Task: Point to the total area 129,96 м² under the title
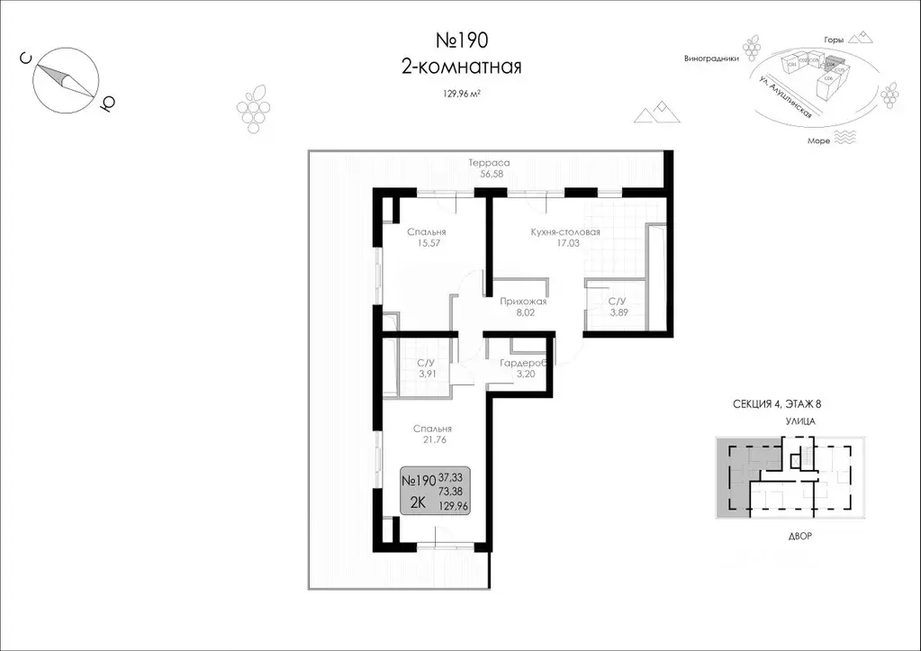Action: click(x=460, y=92)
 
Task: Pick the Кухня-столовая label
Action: click(x=564, y=231)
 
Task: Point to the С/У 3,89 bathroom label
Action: click(x=618, y=307)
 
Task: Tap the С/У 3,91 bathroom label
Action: click(x=427, y=369)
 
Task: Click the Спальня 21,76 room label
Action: click(x=432, y=435)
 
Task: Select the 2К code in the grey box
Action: click(x=418, y=503)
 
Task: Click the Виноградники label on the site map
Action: click(x=711, y=58)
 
